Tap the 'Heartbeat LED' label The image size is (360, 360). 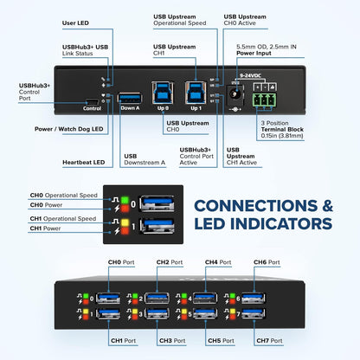83,162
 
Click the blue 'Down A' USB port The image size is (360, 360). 130,97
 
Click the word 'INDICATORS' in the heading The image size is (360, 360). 275,224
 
